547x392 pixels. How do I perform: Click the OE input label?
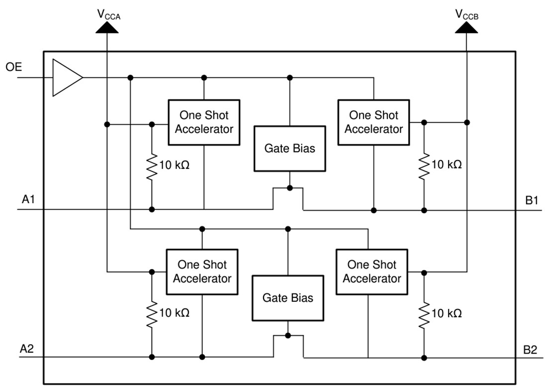point(14,67)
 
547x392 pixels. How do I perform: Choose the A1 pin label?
point(29,199)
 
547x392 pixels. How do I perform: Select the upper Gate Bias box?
point(290,148)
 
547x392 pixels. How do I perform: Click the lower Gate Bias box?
point(288,297)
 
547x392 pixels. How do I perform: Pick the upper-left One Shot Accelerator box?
point(204,122)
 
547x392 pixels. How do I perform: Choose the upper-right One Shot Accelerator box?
point(373,122)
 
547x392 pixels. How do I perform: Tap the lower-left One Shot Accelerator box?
point(202,271)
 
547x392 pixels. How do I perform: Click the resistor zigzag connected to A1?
point(152,164)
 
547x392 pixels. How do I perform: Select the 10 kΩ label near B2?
point(447,313)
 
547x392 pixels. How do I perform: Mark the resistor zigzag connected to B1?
point(424,164)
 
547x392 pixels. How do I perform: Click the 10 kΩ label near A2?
point(175,313)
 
